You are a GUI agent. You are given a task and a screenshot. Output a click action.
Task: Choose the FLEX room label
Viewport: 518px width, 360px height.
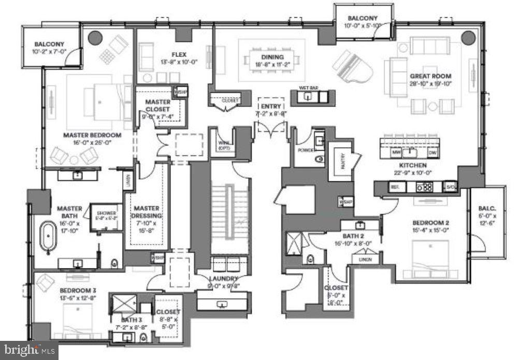(179, 54)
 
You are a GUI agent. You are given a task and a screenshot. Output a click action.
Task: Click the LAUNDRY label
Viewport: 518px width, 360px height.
(224, 278)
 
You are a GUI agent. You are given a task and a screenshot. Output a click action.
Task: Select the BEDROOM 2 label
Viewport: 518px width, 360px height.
(431, 223)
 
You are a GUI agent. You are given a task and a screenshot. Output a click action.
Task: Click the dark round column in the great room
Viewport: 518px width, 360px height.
(468, 37)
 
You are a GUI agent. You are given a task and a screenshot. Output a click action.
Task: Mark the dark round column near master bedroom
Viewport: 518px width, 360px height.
(95, 38)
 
